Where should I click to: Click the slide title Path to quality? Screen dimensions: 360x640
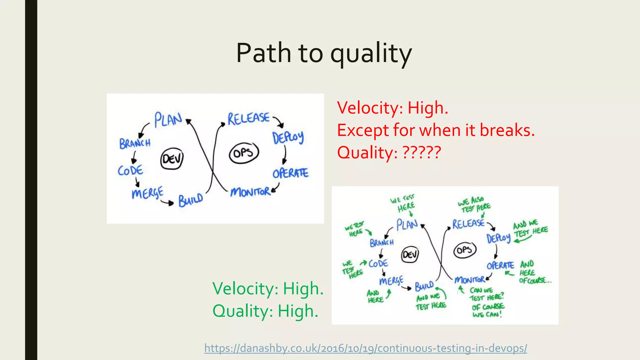click(324, 53)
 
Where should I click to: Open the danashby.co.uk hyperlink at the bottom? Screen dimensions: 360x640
click(366, 348)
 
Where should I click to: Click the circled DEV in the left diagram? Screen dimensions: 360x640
click(172, 159)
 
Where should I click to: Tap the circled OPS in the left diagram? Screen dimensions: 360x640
click(244, 153)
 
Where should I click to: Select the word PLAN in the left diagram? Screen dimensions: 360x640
click(168, 120)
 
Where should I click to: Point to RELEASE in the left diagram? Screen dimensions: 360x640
click(248, 118)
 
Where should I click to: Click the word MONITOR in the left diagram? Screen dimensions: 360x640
click(250, 192)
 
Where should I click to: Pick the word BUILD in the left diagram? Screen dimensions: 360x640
click(191, 200)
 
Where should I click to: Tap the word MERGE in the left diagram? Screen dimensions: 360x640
click(147, 193)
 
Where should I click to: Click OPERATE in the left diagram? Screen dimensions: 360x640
click(290, 173)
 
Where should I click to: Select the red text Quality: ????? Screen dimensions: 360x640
click(389, 152)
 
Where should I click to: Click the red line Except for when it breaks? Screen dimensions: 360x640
click(436, 130)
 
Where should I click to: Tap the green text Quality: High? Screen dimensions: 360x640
click(265, 311)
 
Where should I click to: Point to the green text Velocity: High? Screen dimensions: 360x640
click(268, 288)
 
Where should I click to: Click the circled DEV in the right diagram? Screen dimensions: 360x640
click(410, 255)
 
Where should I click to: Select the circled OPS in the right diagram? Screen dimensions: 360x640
click(464, 250)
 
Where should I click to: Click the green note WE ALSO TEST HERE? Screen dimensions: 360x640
click(474, 204)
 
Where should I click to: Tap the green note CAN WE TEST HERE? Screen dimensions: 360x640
click(486, 294)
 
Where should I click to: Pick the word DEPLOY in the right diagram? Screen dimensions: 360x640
click(498, 238)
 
